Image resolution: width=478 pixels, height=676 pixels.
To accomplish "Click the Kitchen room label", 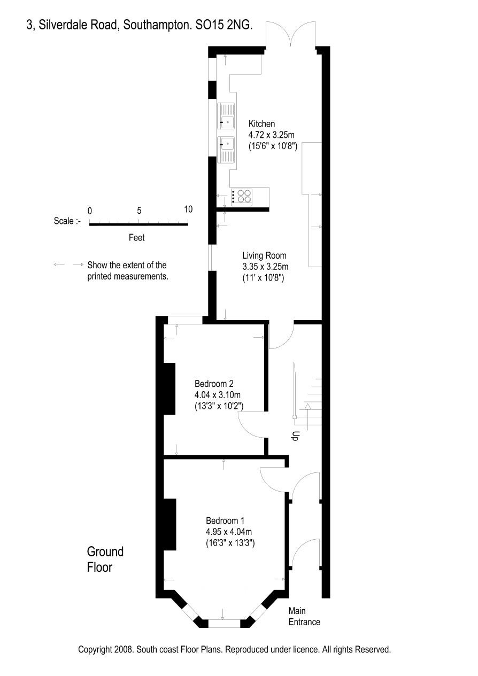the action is (x=261, y=124).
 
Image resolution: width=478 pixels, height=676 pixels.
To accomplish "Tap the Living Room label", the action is (x=264, y=255).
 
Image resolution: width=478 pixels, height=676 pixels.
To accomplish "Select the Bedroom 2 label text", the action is (x=214, y=384).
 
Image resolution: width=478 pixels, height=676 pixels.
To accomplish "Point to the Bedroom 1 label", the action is (x=225, y=520).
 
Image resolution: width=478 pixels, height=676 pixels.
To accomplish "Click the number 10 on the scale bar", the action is (x=188, y=209).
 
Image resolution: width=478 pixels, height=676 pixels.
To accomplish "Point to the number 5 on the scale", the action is (x=139, y=211).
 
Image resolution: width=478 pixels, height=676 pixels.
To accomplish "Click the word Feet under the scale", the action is (x=136, y=237).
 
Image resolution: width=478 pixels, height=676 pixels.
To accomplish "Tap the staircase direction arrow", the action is (x=307, y=416).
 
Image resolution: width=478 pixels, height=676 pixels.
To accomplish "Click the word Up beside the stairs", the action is (x=295, y=437).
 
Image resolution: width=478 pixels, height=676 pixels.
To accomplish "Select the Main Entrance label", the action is (x=304, y=616).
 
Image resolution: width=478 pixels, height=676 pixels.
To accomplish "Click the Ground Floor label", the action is (x=105, y=559).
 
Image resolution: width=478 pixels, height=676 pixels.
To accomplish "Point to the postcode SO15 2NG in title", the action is (x=224, y=25).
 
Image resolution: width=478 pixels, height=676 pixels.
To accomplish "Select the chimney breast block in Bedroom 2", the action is (x=169, y=388).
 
